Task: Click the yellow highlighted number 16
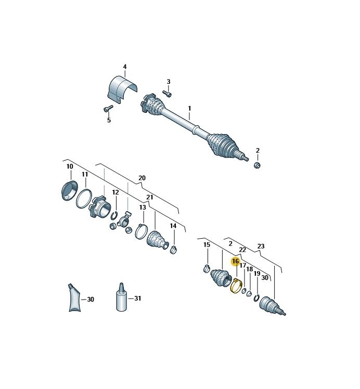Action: click(x=235, y=262)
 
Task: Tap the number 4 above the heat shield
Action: click(x=125, y=67)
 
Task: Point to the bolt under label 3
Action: click(x=167, y=93)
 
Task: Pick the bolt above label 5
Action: click(x=108, y=108)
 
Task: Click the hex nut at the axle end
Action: click(x=258, y=164)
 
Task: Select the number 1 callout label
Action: click(x=189, y=108)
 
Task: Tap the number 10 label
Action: click(x=70, y=166)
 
